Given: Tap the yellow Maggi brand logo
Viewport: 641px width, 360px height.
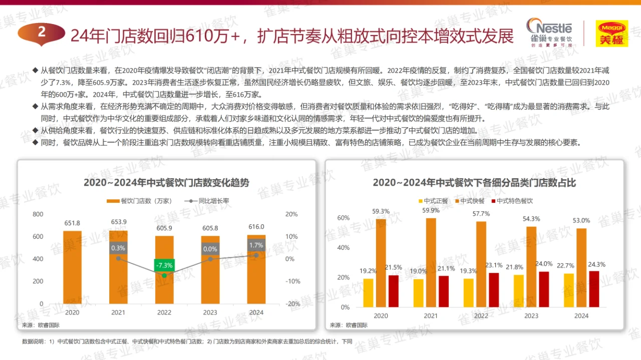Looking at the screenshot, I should coord(611,34).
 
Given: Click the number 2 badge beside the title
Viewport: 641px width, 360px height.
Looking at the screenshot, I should coord(41,33).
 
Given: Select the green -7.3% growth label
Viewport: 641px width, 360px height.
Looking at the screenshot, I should coord(164,265).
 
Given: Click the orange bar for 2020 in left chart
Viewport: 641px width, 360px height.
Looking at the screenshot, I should coord(72,267).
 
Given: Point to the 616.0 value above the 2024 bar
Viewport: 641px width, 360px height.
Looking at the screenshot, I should coord(256,227).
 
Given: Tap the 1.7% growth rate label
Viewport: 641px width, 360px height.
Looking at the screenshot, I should coord(256,245).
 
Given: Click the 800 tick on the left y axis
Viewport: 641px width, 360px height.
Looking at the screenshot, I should coord(38,214).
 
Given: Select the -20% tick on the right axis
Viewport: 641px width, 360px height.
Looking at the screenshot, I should coord(292,304).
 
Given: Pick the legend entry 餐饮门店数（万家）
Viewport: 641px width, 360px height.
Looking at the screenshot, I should coord(141,201).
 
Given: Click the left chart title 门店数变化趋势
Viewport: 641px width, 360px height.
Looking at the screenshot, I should coord(166,182).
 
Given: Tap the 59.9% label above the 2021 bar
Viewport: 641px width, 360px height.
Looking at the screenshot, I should coord(431,210).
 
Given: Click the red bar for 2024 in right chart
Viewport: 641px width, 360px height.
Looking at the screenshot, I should coord(593,289).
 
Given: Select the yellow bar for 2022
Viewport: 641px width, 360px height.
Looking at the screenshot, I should coord(468,292).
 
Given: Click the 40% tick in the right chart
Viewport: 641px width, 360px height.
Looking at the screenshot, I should coord(343,248).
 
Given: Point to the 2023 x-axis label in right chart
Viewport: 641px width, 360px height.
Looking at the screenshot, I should coord(531,316).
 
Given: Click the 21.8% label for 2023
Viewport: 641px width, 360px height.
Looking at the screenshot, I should coord(518,267).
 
